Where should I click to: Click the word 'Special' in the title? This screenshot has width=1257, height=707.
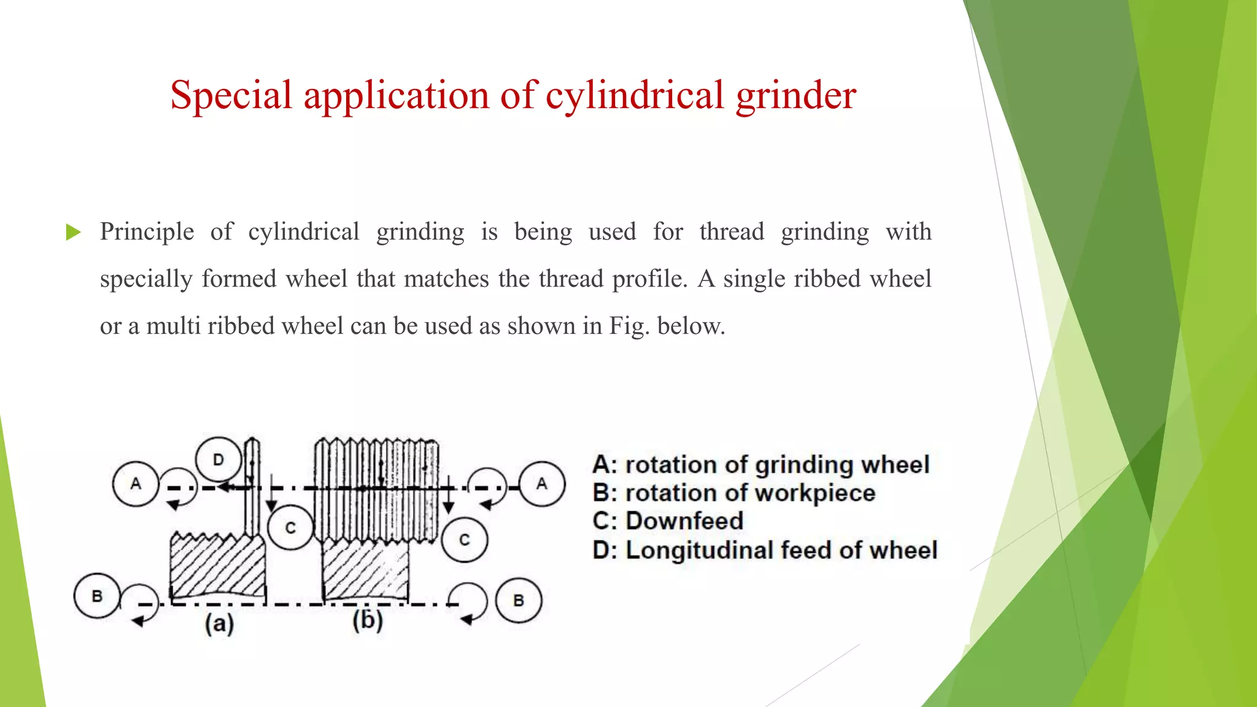[231, 96]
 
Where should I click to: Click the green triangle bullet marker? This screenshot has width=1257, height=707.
[73, 232]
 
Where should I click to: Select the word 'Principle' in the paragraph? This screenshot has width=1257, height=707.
[147, 232]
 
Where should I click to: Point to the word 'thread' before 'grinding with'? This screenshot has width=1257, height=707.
[732, 232]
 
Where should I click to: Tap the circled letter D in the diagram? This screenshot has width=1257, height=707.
[219, 460]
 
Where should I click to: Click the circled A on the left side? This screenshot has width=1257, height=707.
[136, 484]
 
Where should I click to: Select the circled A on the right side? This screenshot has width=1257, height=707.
[541, 484]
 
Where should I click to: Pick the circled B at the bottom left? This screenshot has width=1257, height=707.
[97, 596]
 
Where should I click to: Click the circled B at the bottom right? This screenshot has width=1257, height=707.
[519, 600]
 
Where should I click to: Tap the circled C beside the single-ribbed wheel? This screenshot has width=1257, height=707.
[290, 528]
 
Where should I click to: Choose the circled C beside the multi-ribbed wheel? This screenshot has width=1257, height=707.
[465, 539]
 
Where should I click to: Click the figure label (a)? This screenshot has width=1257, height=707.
[219, 624]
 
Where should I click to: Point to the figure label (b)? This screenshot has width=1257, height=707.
[368, 620]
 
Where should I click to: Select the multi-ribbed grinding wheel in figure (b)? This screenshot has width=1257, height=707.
[376, 490]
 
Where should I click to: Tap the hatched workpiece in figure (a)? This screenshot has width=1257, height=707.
[218, 568]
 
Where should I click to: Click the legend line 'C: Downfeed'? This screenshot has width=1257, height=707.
[668, 521]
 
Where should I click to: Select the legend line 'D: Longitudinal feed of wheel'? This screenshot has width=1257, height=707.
[765, 550]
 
